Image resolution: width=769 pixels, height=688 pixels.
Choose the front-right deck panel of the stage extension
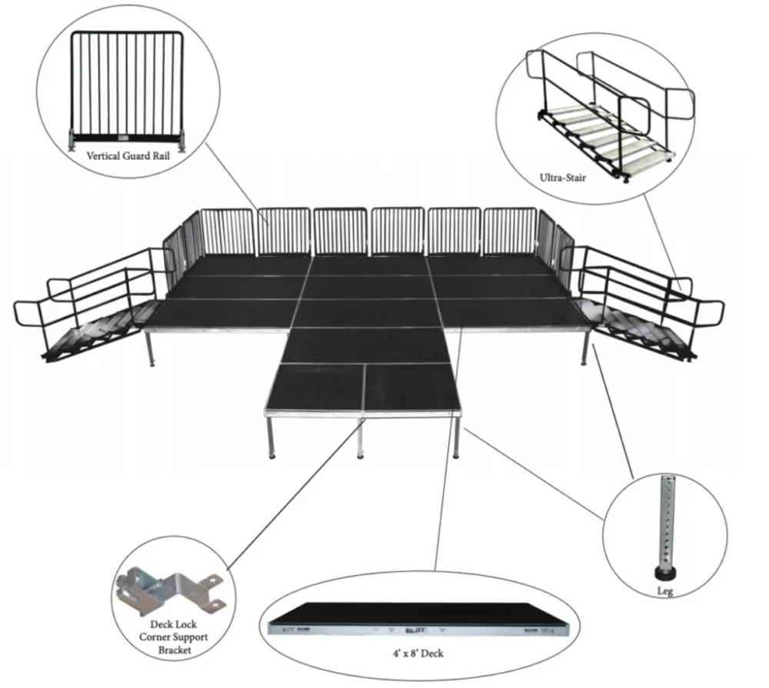pos(411,389)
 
